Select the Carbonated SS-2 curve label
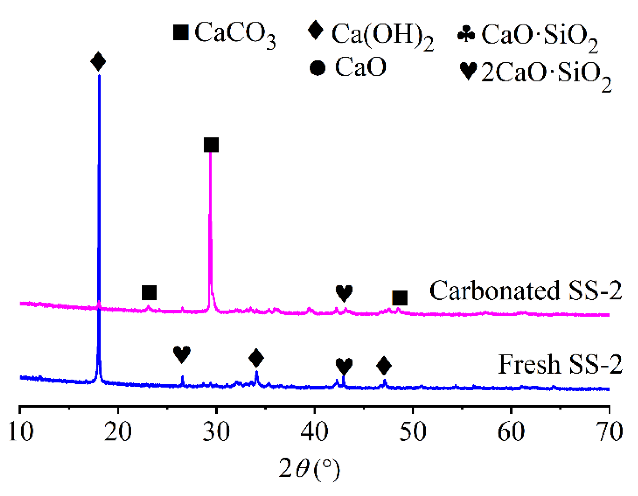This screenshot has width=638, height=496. coord(525,290)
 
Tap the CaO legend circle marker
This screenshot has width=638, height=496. coord(317,68)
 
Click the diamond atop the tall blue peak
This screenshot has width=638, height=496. coord(98,62)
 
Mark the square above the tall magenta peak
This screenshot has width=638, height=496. coord(211,145)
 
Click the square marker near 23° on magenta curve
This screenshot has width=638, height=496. coord(149,293)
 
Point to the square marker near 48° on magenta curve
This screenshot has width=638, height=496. coord(400,298)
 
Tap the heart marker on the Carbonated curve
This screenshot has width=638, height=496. coord(344,293)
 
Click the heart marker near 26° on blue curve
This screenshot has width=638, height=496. coord(182,354)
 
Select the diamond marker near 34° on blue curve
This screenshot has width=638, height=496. coord(256,358)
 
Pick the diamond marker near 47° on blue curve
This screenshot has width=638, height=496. coord(384,366)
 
